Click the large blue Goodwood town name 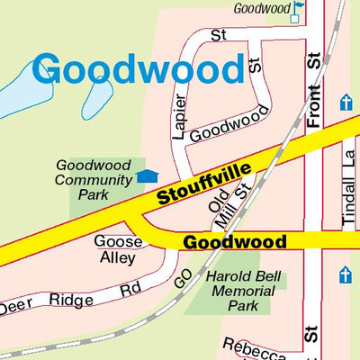tap(139, 69)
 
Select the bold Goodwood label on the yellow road tap(235, 242)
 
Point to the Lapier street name tap(178, 117)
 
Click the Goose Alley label tap(118, 249)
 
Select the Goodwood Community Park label tap(94, 179)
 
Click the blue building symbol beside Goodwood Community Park tap(148, 176)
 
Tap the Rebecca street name tap(255, 346)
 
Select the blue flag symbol tap(298, 8)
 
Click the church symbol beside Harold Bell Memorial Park tap(346, 274)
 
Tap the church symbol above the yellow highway tap(346, 103)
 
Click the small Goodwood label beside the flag tap(261, 8)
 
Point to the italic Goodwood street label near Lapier tap(230, 124)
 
